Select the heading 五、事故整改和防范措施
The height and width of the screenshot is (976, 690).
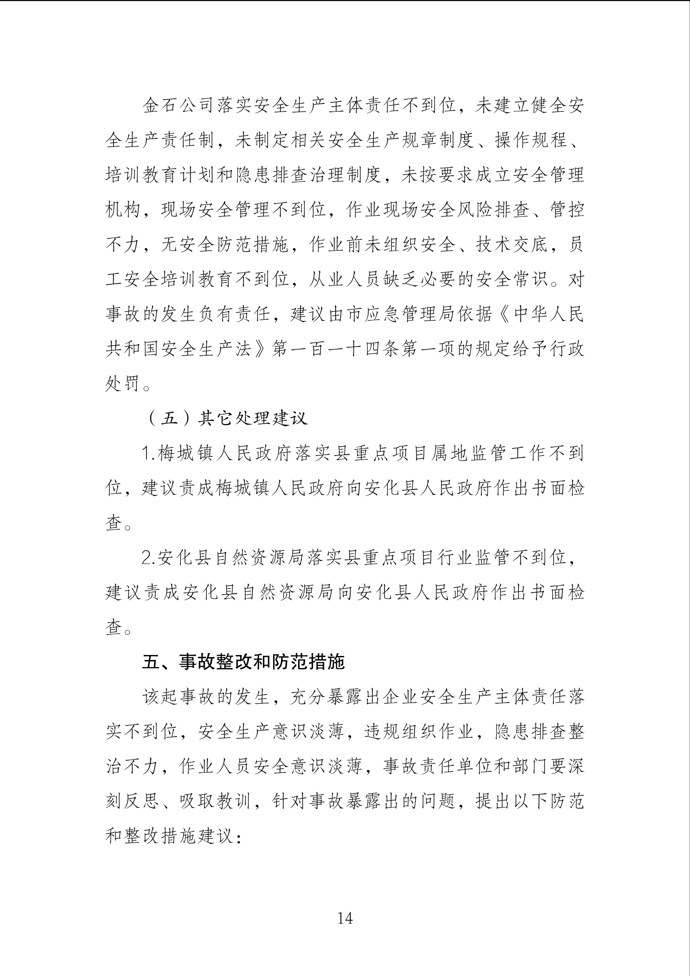243,662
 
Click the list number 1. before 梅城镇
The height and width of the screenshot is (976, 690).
149,454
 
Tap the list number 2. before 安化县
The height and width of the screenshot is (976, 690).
149,558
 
